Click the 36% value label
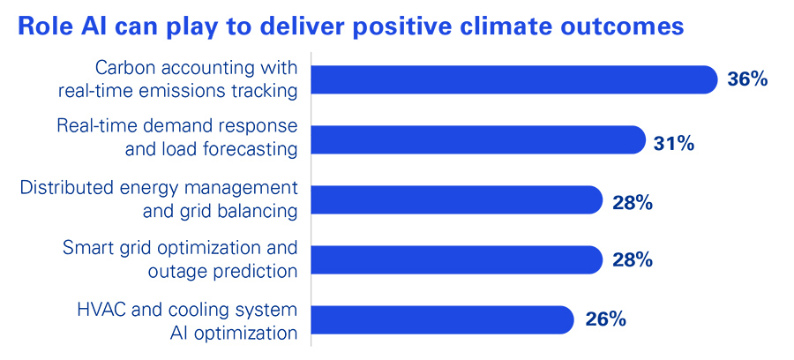pyautogui.click(x=747, y=79)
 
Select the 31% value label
pyautogui.click(x=674, y=140)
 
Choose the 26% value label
pyautogui.click(x=605, y=319)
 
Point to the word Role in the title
pyautogui.click(x=43, y=27)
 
